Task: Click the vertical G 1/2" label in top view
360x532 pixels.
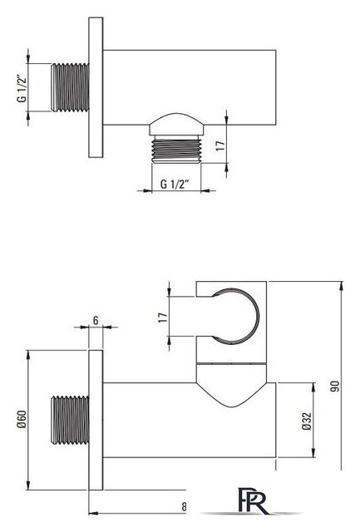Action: (x=22, y=88)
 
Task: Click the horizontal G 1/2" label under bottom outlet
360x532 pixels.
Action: (x=175, y=185)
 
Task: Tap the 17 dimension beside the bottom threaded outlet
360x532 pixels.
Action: (x=220, y=145)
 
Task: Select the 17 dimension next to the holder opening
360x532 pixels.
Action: (x=163, y=318)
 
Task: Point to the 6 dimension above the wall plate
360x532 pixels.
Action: (x=96, y=320)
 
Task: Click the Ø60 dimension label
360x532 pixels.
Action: (x=22, y=421)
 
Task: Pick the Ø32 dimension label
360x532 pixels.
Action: (x=307, y=421)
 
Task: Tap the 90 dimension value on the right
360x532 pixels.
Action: (x=335, y=387)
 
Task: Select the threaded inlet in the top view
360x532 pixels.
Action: (x=70, y=87)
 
